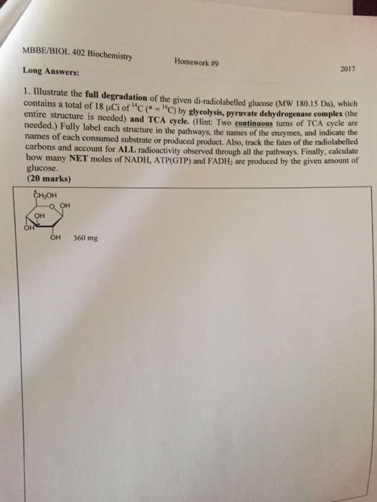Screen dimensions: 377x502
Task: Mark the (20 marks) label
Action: click(48, 179)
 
